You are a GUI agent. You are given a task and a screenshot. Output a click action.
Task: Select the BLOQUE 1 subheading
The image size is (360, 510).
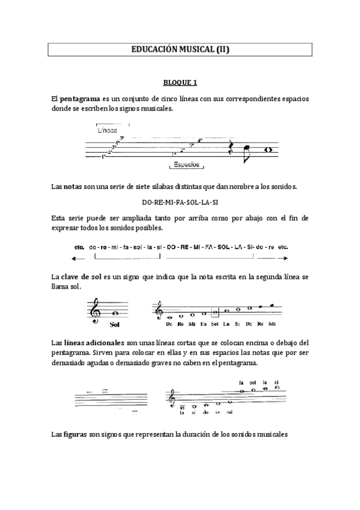[180, 82]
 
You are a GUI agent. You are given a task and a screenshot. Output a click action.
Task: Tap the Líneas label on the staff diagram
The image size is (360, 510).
[106, 129]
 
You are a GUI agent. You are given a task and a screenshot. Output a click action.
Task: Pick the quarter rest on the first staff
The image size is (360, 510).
[231, 150]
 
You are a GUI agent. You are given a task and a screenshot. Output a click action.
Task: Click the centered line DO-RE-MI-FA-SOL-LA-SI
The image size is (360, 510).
[180, 202]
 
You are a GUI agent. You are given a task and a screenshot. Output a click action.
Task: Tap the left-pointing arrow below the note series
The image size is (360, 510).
[76, 259]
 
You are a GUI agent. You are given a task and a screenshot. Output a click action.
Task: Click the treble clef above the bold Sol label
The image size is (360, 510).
[95, 311]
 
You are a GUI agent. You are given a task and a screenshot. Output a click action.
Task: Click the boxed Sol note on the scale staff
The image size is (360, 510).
[215, 313]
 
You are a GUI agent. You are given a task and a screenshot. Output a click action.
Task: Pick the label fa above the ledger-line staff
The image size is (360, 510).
[241, 382]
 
